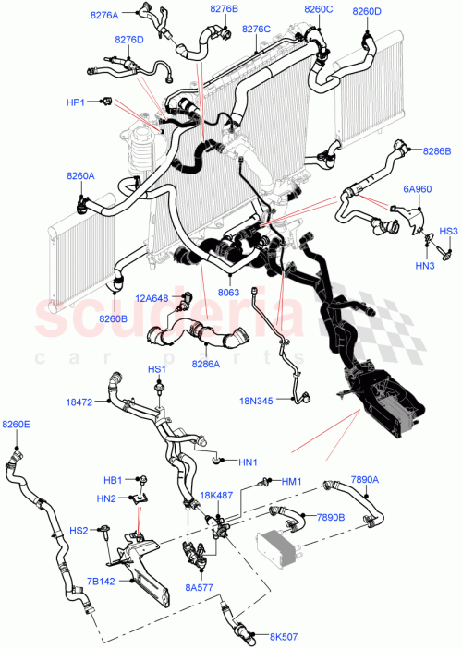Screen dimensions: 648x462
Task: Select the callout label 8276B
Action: pos(224,8)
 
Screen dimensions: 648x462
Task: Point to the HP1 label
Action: pos(75,102)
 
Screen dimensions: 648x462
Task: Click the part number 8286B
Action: pos(437,150)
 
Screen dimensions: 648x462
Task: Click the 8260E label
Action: pos(16,425)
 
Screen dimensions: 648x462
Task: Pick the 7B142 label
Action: pos(101,581)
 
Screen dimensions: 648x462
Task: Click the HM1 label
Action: pos(292,480)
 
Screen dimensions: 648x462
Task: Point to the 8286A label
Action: pos(208,364)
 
